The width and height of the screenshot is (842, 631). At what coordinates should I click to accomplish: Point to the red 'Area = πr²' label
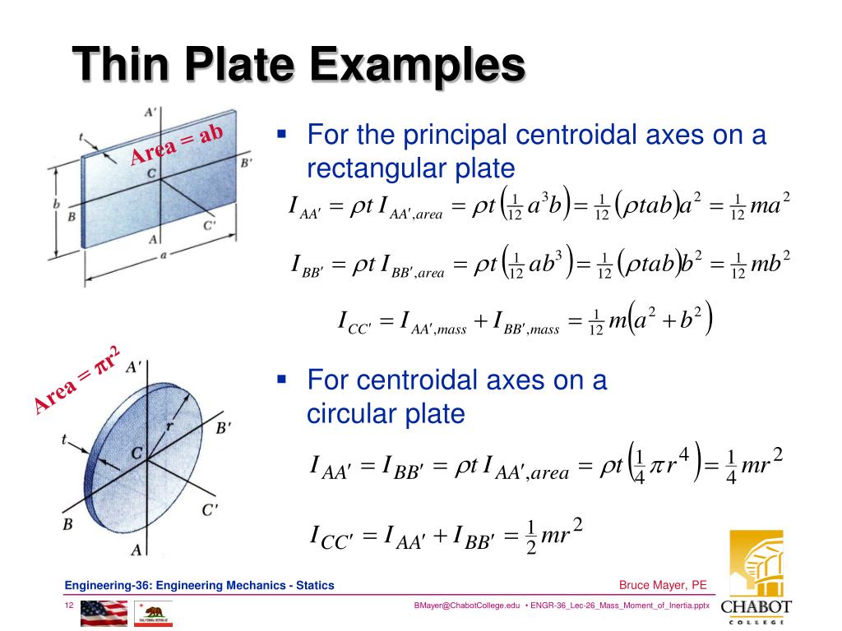tap(78, 380)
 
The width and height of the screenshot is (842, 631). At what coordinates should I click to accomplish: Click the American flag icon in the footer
tap(104, 612)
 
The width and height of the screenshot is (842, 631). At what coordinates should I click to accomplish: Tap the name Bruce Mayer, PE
tap(663, 585)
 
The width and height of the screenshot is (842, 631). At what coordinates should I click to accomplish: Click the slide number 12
tap(71, 606)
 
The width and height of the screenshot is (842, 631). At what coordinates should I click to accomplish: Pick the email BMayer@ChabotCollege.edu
tap(469, 606)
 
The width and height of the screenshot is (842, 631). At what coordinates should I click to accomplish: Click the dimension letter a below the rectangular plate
tap(164, 255)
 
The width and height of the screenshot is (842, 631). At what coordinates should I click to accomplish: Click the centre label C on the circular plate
tap(136, 453)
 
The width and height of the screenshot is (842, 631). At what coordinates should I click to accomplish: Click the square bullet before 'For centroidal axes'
tap(281, 380)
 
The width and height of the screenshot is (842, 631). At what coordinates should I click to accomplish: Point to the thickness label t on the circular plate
tap(65, 440)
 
